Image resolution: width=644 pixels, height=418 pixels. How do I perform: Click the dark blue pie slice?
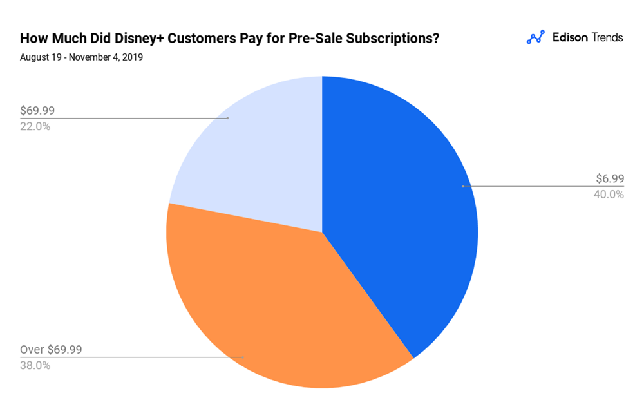click(399, 213)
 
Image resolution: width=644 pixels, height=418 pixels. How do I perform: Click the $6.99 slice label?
click(609, 180)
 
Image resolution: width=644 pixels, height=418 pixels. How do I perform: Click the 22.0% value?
click(35, 126)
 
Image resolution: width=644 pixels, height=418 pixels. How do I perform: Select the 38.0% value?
click(35, 365)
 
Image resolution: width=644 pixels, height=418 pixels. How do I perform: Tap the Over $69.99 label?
click(51, 350)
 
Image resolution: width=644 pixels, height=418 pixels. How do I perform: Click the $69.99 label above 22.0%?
click(37, 111)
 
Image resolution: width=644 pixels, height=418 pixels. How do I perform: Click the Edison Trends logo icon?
click(536, 37)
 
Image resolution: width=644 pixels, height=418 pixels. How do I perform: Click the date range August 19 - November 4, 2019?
click(81, 57)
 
